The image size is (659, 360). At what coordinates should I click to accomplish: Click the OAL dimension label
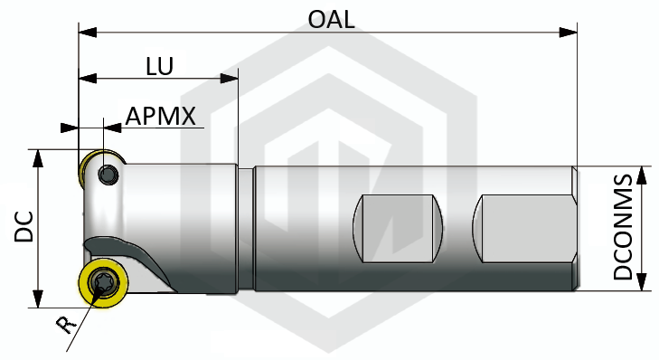pos(331,19)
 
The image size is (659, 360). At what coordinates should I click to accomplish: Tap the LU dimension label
pos(160,66)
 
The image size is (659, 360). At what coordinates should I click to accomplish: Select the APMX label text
pos(161,116)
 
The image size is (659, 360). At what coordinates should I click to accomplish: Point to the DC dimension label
pos(24,227)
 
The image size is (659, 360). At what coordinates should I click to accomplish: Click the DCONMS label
pos(623,227)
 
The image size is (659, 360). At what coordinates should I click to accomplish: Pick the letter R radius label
pos(66,324)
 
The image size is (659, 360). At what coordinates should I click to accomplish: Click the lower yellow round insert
pos(104,282)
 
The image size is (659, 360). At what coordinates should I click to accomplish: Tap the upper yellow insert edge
pos(90,166)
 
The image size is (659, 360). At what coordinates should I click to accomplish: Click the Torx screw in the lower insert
pos(102,282)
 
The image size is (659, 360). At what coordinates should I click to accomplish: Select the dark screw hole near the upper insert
pos(108,174)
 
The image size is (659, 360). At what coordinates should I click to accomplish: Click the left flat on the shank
pos(398,229)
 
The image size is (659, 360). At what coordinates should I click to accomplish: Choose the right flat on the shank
pos(524,229)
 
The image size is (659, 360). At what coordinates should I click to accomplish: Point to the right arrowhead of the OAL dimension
pos(569,33)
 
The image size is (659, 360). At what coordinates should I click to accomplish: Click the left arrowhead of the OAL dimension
pos(88,33)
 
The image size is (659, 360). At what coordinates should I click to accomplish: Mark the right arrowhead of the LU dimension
pos(229,78)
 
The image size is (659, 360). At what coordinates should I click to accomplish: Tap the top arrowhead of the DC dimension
pos(38,158)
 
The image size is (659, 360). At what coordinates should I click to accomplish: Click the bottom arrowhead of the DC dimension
pos(38,298)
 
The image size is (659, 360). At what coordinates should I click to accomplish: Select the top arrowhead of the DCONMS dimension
pos(641,175)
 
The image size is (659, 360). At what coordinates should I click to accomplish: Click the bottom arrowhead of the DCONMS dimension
pos(641,282)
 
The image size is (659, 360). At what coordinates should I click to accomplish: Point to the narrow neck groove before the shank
pos(246,229)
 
